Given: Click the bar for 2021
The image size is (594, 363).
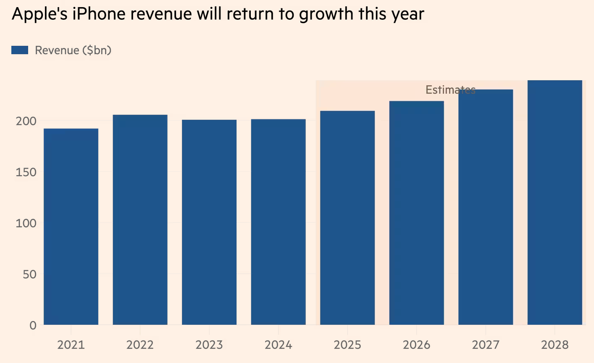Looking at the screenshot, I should (x=71, y=227).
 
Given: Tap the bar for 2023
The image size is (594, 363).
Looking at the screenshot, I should (x=209, y=222).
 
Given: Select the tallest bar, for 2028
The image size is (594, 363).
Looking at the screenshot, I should (x=555, y=202).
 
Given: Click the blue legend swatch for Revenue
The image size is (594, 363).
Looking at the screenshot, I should (x=20, y=50).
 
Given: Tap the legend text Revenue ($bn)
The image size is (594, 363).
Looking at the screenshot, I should (x=73, y=50).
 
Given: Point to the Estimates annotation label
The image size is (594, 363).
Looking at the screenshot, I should (x=450, y=90).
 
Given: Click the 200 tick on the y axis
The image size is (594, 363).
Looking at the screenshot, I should (x=26, y=121).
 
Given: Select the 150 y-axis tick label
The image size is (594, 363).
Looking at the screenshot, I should (x=26, y=172).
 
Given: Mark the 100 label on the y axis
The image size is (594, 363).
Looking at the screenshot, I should (x=26, y=223).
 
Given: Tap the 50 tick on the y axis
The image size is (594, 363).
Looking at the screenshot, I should (x=29, y=274).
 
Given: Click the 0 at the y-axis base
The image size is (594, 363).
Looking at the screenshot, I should (x=33, y=325).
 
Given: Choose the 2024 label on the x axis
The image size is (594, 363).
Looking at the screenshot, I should (x=279, y=345).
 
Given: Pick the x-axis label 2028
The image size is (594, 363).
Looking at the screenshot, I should (x=555, y=345).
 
